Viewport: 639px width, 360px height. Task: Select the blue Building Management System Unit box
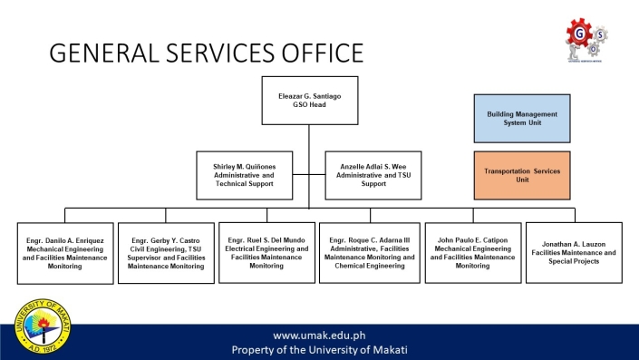pos(522,118)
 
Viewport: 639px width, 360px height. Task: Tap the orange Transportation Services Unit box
pos(522,175)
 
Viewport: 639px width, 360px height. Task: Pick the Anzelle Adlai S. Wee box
pos(373,175)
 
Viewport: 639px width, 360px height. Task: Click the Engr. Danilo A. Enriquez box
pos(65,251)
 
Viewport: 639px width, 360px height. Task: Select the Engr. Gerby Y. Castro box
pos(167,253)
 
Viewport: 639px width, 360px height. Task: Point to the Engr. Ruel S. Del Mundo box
pos(266,251)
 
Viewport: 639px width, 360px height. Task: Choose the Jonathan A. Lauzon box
pos(574,251)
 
